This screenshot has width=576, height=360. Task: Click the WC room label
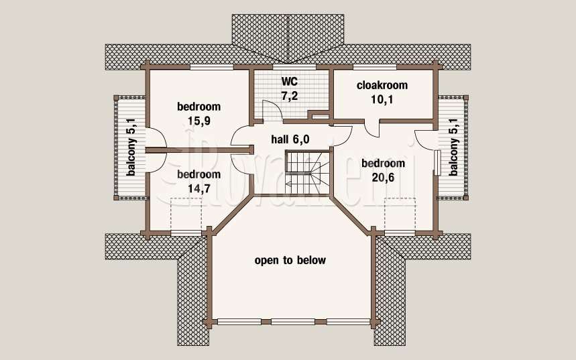(290, 81)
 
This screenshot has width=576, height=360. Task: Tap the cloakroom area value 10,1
(382, 99)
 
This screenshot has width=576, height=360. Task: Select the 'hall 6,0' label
(290, 139)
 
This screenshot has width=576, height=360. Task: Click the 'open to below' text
(290, 260)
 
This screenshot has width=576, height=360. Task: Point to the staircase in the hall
(308, 172)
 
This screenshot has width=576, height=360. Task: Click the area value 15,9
(199, 121)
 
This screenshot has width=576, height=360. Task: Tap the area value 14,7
(199, 188)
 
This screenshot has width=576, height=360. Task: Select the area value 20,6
(383, 178)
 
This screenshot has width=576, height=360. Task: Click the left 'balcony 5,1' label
(131, 147)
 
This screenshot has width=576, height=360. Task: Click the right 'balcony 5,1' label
(454, 147)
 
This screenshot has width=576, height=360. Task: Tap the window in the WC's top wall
(294, 67)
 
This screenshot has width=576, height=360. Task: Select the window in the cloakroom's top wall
(375, 67)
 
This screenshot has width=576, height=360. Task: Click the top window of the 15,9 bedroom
(212, 67)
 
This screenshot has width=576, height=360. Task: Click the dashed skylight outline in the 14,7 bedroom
(186, 214)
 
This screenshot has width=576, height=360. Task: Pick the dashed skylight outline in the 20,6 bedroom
(400, 214)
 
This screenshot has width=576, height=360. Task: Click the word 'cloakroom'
(382, 85)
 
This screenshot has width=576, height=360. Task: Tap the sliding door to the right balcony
(437, 162)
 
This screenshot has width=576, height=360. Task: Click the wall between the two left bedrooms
(199, 150)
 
